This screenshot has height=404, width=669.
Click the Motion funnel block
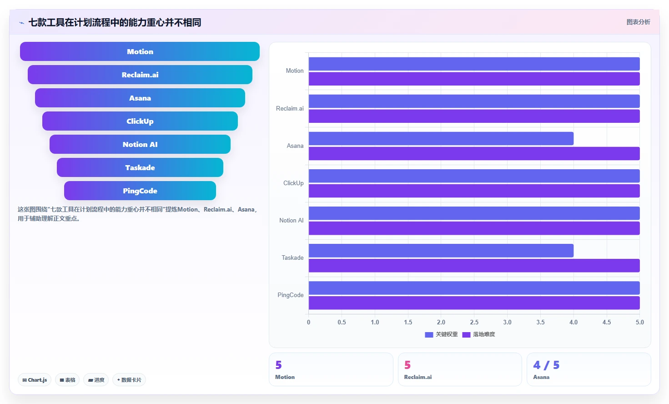click(140, 51)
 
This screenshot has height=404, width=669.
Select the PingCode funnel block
click(140, 191)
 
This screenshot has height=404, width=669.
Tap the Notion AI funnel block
click(140, 144)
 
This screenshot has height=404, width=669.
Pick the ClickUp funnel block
click(140, 121)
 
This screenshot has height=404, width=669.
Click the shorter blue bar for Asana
click(441, 139)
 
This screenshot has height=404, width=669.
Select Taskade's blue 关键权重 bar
click(441, 251)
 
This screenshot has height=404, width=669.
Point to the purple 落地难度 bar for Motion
click(474, 79)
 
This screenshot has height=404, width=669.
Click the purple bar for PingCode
click(474, 303)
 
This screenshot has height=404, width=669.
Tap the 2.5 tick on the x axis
click(474, 322)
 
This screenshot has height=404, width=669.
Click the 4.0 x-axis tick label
click(573, 322)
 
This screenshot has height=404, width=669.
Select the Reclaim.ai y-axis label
click(290, 108)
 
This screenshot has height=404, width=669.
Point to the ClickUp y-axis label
click(293, 183)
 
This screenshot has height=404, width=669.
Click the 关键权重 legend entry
click(441, 334)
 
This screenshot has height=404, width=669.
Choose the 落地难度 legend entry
click(478, 334)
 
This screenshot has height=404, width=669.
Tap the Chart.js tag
click(35, 380)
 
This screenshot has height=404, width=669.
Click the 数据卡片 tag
click(129, 380)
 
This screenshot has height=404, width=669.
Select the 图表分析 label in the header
click(638, 22)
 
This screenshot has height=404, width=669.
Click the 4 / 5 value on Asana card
click(546, 365)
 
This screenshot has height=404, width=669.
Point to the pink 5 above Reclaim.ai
click(407, 365)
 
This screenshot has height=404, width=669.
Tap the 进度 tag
click(96, 380)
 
